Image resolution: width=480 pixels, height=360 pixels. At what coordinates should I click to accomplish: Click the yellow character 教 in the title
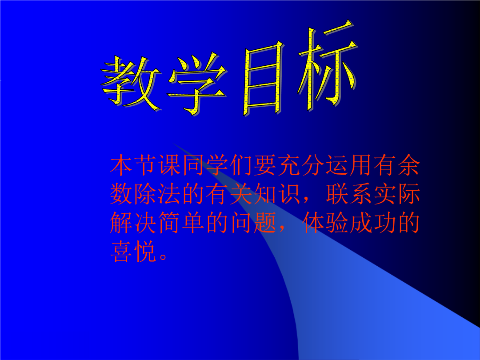[x=132, y=83]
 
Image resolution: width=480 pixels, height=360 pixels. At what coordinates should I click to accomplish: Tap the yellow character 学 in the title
[x=197, y=84]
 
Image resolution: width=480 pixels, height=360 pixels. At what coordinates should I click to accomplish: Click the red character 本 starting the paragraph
[x=121, y=165]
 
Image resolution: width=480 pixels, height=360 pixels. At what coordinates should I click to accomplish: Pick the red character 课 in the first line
[x=169, y=165]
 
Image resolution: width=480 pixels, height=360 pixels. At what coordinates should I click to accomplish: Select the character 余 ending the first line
[x=409, y=165]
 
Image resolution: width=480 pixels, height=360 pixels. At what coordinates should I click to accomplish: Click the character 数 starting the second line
[x=121, y=194]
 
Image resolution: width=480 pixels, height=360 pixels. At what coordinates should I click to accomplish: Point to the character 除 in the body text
[x=145, y=194]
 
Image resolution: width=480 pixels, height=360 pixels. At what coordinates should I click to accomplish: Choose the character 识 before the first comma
[x=289, y=194]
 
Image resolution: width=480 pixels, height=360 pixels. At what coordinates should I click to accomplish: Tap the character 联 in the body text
[x=337, y=194]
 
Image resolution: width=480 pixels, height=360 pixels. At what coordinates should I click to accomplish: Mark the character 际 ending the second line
[x=409, y=194]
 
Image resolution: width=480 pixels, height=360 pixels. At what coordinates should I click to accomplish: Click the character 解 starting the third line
[x=121, y=223]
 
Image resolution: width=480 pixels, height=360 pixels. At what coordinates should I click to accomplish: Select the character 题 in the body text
[x=265, y=223]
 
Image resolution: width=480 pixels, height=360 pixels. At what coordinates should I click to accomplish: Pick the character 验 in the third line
[x=337, y=223]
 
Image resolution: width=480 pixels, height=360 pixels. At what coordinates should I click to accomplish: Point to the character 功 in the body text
[x=385, y=223]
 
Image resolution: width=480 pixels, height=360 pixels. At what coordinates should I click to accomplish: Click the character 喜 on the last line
[x=121, y=251]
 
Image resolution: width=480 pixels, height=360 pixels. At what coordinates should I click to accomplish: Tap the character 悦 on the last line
[x=145, y=251]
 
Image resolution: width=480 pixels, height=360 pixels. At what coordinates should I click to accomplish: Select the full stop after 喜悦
[x=163, y=256]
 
